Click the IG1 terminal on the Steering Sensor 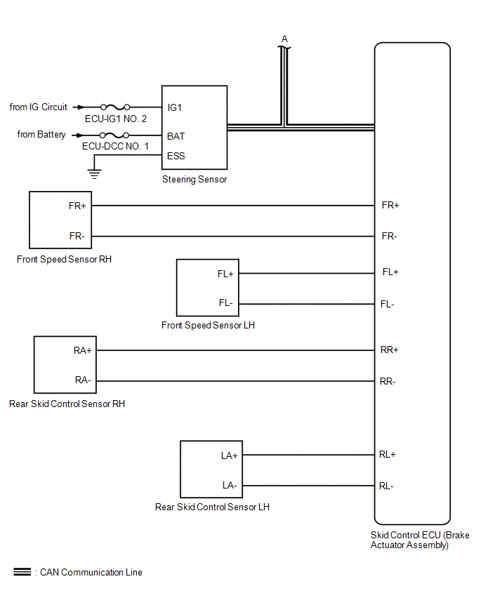(175, 108)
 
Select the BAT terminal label (176, 136)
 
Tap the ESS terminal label (176, 156)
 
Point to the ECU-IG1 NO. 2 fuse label (116, 119)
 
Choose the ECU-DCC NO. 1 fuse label (115, 146)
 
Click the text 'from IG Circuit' (39, 107)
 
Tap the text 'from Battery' (42, 135)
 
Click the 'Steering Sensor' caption (194, 180)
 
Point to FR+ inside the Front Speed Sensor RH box (77, 206)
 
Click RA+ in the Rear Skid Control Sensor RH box (83, 350)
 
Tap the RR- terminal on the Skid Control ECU (388, 382)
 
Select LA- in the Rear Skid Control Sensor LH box (230, 486)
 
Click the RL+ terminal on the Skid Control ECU (388, 455)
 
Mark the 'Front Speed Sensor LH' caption (208, 326)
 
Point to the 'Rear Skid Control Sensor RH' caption (67, 404)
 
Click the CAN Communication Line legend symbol (22, 573)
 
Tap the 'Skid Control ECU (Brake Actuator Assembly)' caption (420, 540)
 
